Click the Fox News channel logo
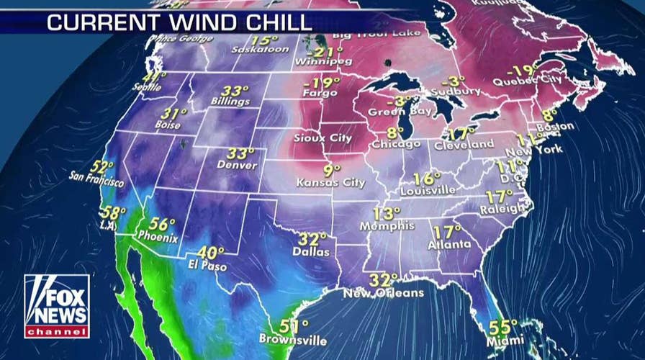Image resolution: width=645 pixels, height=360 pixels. point(57,305)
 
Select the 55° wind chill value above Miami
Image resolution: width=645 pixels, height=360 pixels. point(504,326)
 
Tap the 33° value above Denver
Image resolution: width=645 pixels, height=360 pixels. point(241,153)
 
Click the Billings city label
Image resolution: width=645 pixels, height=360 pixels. point(230,102)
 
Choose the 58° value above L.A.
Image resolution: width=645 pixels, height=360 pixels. point(113,212)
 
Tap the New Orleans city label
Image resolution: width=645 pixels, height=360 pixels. point(383,293)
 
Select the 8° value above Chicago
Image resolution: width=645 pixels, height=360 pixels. point(395,132)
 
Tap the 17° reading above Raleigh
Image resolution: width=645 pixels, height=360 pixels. point(500,196)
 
